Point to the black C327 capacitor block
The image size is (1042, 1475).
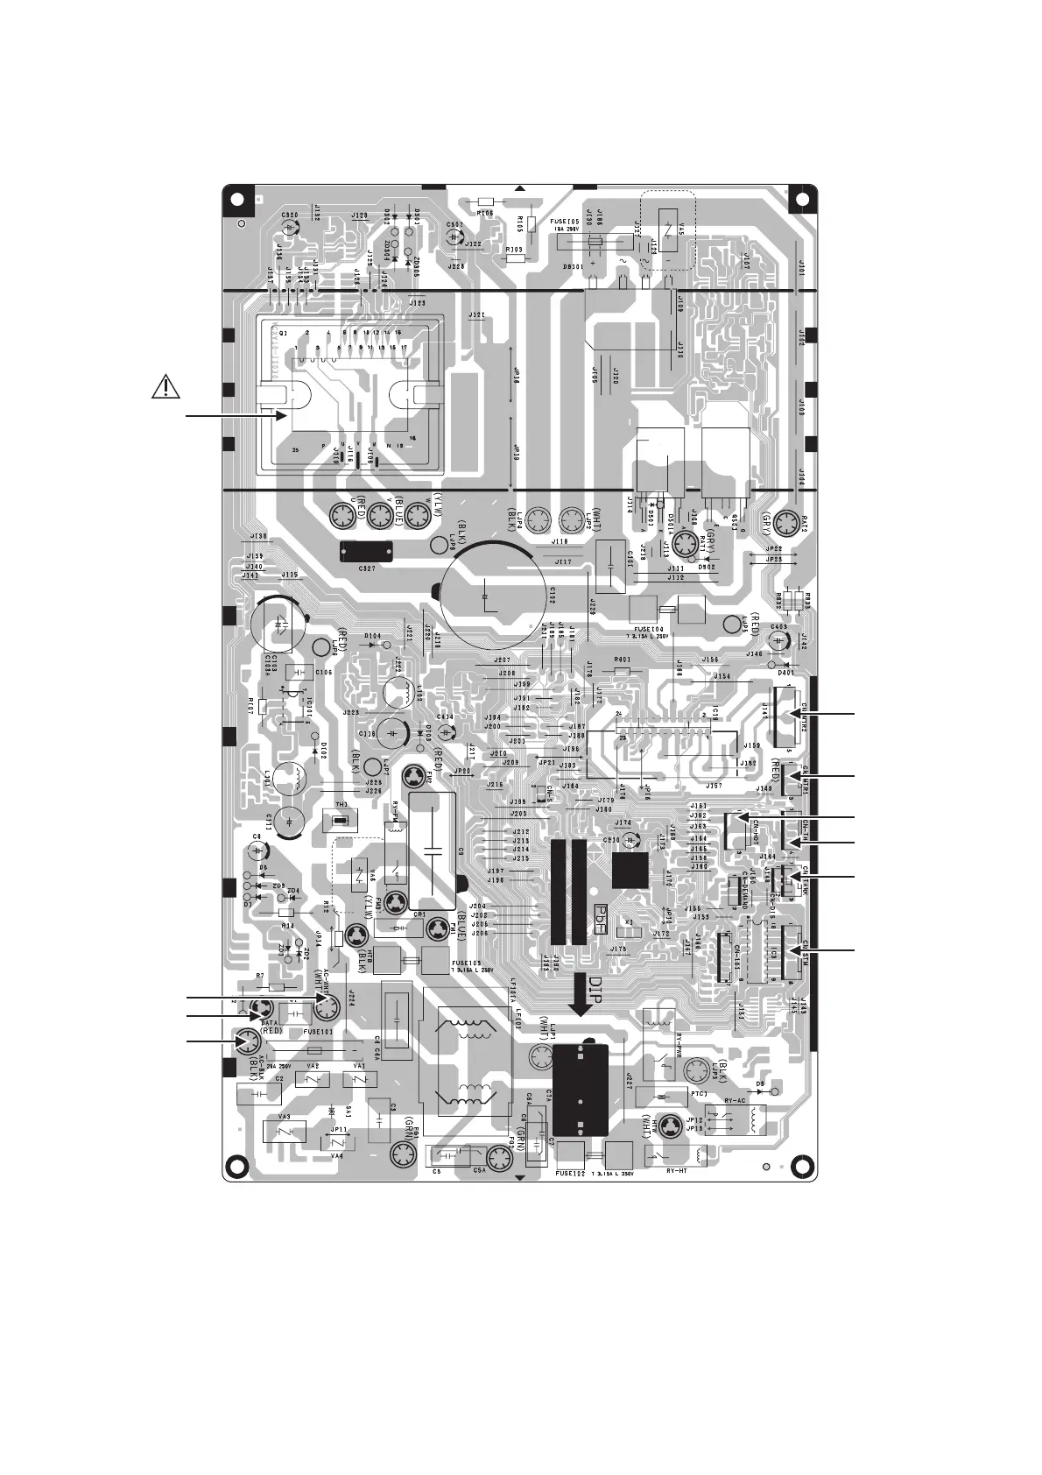367,551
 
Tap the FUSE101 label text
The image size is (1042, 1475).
319,1031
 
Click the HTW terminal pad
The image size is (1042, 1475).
670,1126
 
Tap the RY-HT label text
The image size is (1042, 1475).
678,1169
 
